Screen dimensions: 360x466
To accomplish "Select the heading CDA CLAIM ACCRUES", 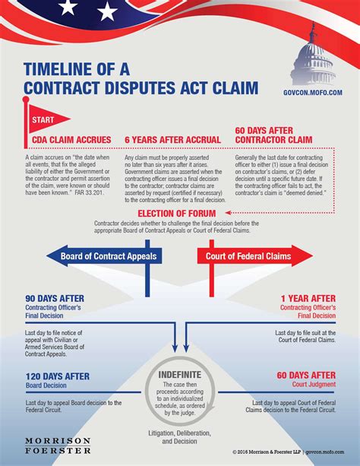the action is [71, 140].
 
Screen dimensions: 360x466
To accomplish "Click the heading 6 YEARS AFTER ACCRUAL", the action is [172, 140].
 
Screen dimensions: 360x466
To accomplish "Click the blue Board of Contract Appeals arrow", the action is [106, 256].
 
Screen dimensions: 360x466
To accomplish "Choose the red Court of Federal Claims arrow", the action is [251, 256].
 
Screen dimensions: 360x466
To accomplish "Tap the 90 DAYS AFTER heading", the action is [54, 298].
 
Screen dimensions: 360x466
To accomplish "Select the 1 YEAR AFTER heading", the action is [308, 298].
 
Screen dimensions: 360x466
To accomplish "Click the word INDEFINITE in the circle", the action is [180, 374].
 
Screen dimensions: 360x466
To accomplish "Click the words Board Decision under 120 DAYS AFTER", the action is [45, 384].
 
